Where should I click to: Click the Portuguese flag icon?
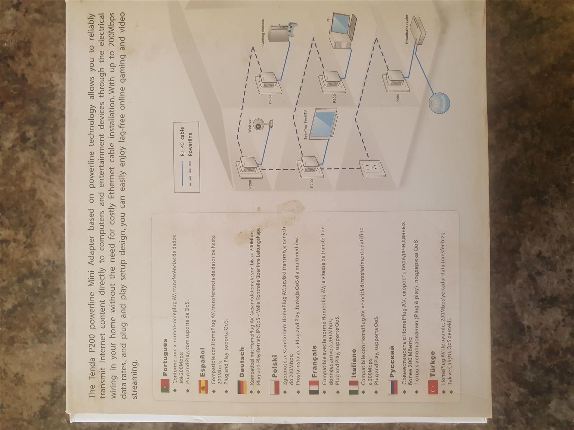[165, 385]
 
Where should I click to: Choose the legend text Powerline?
[190, 144]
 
